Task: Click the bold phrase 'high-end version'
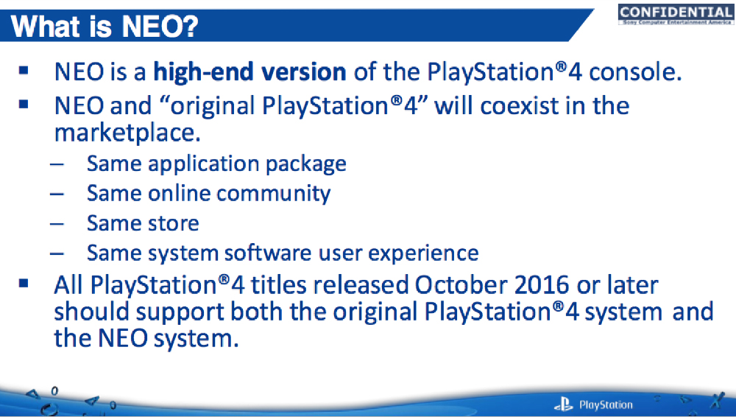click(x=250, y=72)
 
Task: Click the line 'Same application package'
click(x=216, y=163)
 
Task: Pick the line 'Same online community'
click(x=208, y=193)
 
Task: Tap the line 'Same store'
click(x=143, y=222)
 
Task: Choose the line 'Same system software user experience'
click(x=283, y=253)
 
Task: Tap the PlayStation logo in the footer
click(x=593, y=404)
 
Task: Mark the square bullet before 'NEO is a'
click(x=25, y=71)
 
